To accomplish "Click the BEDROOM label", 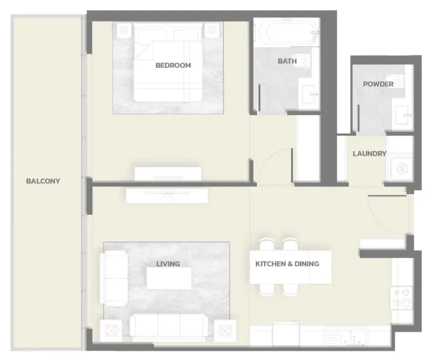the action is (x=173, y=65).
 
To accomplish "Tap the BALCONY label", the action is (x=43, y=181).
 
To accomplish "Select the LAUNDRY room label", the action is (x=369, y=153).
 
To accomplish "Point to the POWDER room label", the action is (x=378, y=84).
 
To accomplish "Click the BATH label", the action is (x=287, y=61).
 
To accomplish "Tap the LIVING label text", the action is (x=168, y=264).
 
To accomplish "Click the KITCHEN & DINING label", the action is (x=287, y=264).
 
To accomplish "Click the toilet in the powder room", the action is (x=396, y=81).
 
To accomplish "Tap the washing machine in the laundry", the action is (x=402, y=169).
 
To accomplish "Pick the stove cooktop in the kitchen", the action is (x=401, y=298).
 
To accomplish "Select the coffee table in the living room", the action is (x=169, y=278).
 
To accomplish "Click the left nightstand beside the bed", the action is (x=124, y=30).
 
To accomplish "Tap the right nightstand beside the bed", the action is (x=212, y=30).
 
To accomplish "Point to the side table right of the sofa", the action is (x=225, y=331).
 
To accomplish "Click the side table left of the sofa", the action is (x=110, y=331).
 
